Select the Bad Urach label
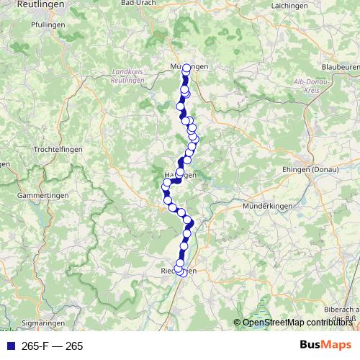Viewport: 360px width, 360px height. click(x=139, y=4)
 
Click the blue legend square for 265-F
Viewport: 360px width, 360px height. click(x=11, y=346)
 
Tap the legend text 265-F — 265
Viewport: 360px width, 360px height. click(x=53, y=346)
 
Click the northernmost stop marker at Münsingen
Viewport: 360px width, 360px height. click(x=186, y=68)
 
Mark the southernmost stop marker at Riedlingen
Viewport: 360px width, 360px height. click(x=182, y=272)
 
